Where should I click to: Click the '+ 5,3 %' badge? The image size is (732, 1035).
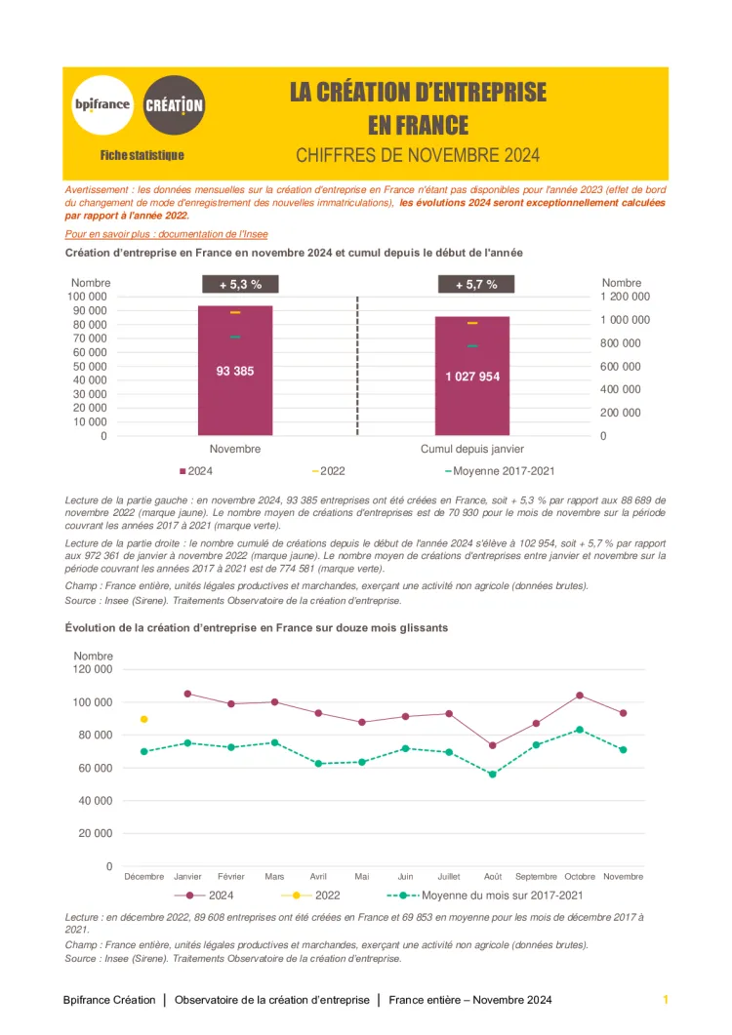pos(239,285)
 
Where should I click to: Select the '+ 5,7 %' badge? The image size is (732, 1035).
pos(476,285)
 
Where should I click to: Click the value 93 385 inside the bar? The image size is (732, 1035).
pos(235,371)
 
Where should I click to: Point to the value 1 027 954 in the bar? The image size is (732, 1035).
pos(472,376)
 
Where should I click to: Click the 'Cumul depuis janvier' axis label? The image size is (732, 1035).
pos(472,450)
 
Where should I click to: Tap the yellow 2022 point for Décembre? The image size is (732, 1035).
pos(144,719)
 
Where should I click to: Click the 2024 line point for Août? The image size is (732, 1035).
pos(492,745)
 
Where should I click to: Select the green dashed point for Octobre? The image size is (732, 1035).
pos(580,730)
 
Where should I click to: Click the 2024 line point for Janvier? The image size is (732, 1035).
pos(187,694)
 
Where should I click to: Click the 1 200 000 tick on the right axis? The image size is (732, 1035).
pos(626,296)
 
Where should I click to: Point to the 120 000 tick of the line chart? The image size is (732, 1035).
pos(93,669)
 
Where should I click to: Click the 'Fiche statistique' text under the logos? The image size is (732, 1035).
pos(142,155)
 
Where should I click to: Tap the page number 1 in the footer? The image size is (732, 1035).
pos(665,1000)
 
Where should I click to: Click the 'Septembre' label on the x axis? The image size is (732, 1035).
pos(536,876)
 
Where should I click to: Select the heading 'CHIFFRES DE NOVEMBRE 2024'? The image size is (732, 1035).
pos(418,155)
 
